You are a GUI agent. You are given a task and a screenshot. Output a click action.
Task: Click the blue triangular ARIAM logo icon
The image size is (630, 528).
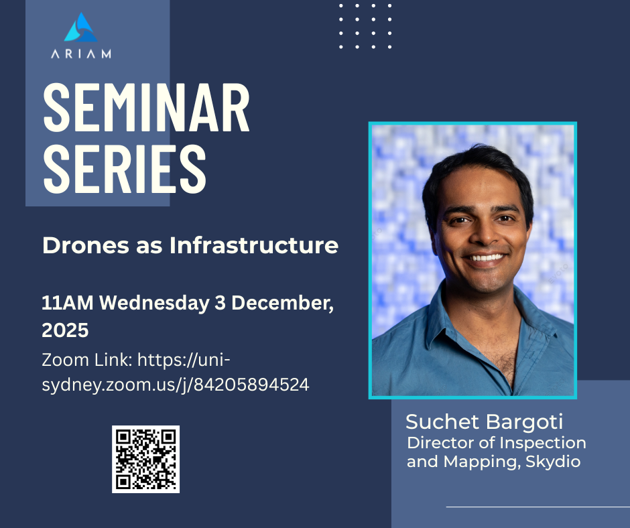tap(80, 27)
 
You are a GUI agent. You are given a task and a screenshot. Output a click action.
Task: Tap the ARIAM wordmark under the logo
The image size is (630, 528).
tap(80, 54)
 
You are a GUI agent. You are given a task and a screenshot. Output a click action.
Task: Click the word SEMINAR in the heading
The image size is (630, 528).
tap(146, 108)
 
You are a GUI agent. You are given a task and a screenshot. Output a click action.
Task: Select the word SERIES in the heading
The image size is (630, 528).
tap(125, 169)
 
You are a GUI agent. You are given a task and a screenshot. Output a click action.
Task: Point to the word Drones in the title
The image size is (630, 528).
tap(86, 245)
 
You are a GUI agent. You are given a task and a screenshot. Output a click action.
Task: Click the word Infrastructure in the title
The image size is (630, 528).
tap(254, 245)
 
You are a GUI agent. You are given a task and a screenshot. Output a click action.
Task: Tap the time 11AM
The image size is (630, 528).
tap(68, 303)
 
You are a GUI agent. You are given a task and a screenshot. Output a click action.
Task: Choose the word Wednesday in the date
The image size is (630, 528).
tap(154, 304)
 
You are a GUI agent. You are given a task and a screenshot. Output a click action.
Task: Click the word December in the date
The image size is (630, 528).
tap(282, 304)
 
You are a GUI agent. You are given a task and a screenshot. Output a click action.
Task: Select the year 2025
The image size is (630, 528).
tap(65, 330)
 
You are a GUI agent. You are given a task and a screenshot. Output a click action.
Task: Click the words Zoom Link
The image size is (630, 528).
tap(86, 360)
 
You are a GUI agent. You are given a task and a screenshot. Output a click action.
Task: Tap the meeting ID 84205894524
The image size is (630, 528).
tap(251, 385)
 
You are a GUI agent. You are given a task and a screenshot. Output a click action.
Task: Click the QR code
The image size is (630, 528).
tap(145, 459)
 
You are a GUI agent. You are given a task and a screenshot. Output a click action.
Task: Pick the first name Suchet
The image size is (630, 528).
tap(442, 422)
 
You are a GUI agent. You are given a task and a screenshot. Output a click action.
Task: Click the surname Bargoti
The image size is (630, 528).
tap(524, 423)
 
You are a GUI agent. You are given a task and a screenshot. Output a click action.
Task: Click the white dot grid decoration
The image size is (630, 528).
tap(365, 27)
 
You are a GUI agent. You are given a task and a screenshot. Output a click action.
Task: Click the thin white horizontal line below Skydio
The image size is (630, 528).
tap(538, 507)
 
